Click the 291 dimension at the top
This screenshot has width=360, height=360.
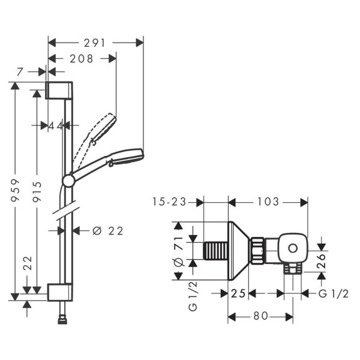tap(95, 43)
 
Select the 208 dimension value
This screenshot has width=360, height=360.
tap(81, 59)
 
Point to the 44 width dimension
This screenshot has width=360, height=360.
tap(56, 125)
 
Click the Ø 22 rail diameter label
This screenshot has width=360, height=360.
tap(109, 230)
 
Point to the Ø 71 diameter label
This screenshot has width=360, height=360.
tap(178, 251)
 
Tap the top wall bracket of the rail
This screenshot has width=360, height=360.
tap(59, 90)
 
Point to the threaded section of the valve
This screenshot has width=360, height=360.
tap(217, 251)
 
